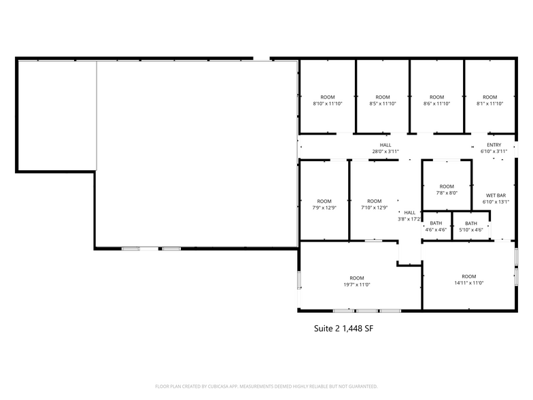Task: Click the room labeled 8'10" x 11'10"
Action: [328, 101]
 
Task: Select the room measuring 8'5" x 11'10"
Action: [383, 101]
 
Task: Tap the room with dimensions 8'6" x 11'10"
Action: [436, 101]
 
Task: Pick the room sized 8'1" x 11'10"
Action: [489, 101]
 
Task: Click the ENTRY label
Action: [494, 145]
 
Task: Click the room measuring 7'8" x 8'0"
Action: [447, 190]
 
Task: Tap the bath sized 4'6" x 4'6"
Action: [436, 227]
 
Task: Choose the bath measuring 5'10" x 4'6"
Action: [470, 227]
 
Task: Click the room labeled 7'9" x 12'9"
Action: [324, 204]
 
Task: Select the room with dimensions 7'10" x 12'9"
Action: [374, 204]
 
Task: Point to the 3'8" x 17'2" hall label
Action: [409, 216]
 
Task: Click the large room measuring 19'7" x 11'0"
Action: [357, 281]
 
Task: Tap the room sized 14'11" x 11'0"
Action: [468, 280]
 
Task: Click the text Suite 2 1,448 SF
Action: [343, 328]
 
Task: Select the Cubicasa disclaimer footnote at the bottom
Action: [266, 386]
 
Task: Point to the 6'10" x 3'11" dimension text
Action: [494, 152]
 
